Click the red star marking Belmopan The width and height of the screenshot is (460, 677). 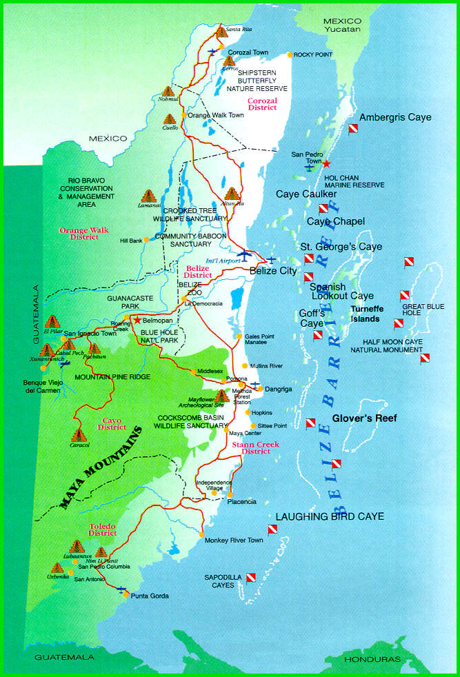[138, 320]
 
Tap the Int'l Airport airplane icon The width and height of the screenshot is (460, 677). [246, 254]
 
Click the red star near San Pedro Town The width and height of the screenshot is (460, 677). [327, 163]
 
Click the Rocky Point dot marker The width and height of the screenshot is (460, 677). [290, 54]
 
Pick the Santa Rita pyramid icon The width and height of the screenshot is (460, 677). [221, 31]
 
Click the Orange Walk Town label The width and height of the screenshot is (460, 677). [216, 115]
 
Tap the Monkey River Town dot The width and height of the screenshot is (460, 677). [200, 534]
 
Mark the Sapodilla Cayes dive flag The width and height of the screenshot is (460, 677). [251, 578]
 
